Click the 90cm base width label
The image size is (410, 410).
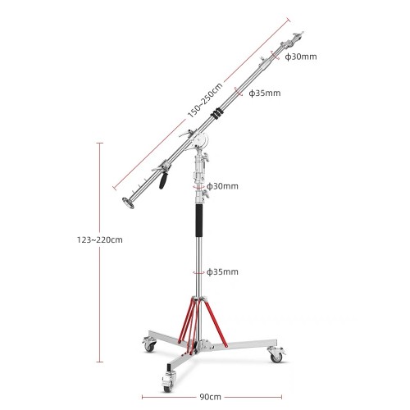[x=210, y=397]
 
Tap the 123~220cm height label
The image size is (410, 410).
[x=100, y=240]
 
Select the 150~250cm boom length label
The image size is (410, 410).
[x=205, y=100]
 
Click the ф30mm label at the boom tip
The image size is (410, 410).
[x=301, y=57]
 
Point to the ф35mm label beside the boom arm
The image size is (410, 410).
[x=265, y=93]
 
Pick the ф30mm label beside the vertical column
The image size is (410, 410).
[x=222, y=186]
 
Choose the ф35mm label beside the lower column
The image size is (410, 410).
[x=222, y=271]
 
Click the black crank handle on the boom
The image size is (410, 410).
[x=163, y=180]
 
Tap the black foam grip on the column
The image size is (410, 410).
[x=199, y=221]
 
